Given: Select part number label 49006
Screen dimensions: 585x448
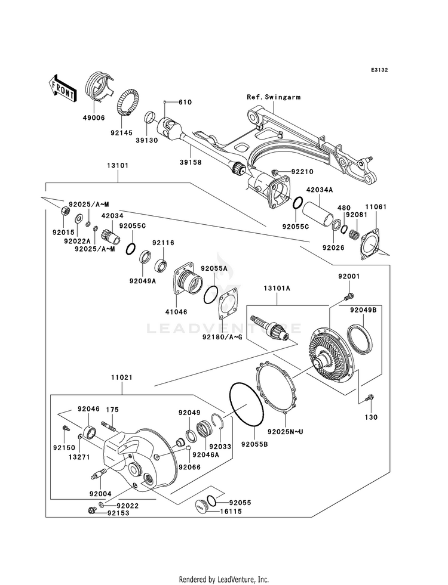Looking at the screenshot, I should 94,118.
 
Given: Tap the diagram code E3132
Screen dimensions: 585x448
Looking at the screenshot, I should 379,70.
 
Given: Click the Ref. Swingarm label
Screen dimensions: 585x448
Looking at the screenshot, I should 274,97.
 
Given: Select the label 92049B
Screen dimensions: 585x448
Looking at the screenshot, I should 363,309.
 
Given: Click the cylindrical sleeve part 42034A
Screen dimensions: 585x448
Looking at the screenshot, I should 317,212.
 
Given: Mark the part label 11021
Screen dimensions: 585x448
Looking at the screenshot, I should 122,377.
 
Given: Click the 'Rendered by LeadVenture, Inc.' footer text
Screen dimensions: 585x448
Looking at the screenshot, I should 224,579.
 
